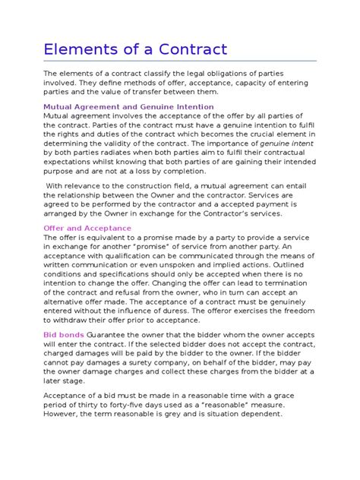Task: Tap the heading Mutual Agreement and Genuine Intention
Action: (128, 107)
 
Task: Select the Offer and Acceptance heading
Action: (87, 228)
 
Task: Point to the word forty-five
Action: (129, 405)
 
